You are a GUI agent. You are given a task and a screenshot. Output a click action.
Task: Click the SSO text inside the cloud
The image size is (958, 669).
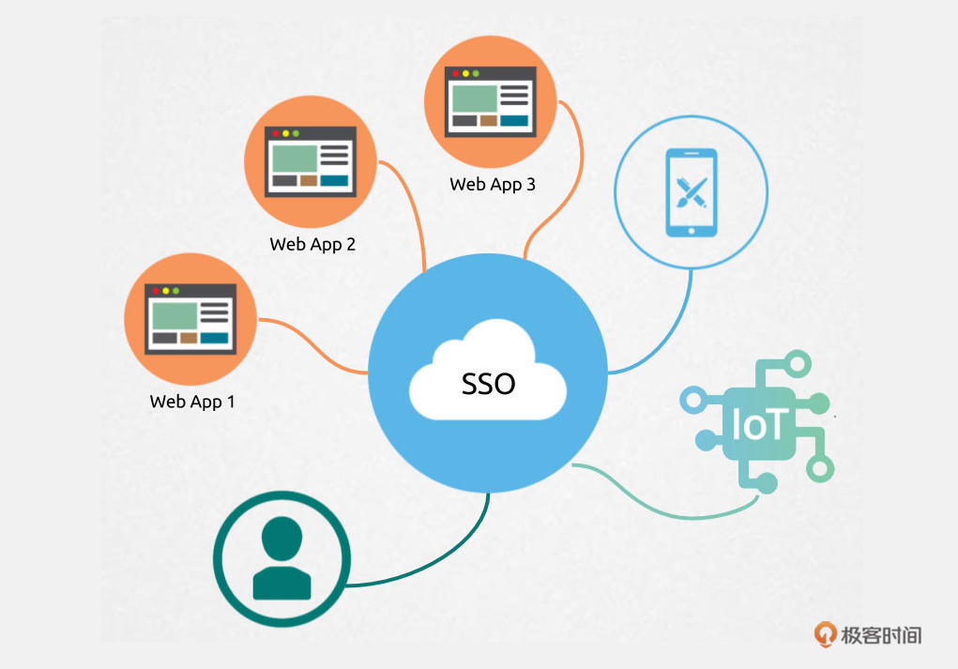coord(488,384)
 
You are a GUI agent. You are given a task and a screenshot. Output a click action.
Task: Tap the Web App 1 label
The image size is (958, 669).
coord(191,402)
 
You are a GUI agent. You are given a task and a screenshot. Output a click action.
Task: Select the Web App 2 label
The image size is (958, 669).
coord(312,244)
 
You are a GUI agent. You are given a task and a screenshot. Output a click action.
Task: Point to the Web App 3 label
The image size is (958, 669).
coord(493,185)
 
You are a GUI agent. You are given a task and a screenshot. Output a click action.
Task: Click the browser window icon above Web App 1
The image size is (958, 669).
coord(190,318)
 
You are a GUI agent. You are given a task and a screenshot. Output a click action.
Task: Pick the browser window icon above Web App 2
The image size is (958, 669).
coord(311,161)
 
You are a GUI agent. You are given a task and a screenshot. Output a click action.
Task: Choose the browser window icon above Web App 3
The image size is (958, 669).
coord(490,101)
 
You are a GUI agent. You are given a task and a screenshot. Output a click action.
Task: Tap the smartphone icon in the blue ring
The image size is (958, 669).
coord(691,192)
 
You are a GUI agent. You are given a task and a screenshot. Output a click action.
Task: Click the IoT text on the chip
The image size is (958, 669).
coord(757,424)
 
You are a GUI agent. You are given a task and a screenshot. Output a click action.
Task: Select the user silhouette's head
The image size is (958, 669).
coord(281,539)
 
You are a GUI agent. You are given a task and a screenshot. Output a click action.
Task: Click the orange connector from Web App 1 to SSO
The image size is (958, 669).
coord(312,343)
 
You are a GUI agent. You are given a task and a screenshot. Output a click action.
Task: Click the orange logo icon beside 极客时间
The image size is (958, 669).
coord(825,634)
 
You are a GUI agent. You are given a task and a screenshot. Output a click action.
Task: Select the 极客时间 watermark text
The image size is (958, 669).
coord(881,635)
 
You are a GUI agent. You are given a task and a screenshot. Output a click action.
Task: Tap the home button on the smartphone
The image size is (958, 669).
coord(691,231)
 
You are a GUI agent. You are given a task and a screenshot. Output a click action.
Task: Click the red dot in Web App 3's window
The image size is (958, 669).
coord(455,73)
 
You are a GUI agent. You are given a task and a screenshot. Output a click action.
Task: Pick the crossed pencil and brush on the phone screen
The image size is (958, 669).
coord(692,192)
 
